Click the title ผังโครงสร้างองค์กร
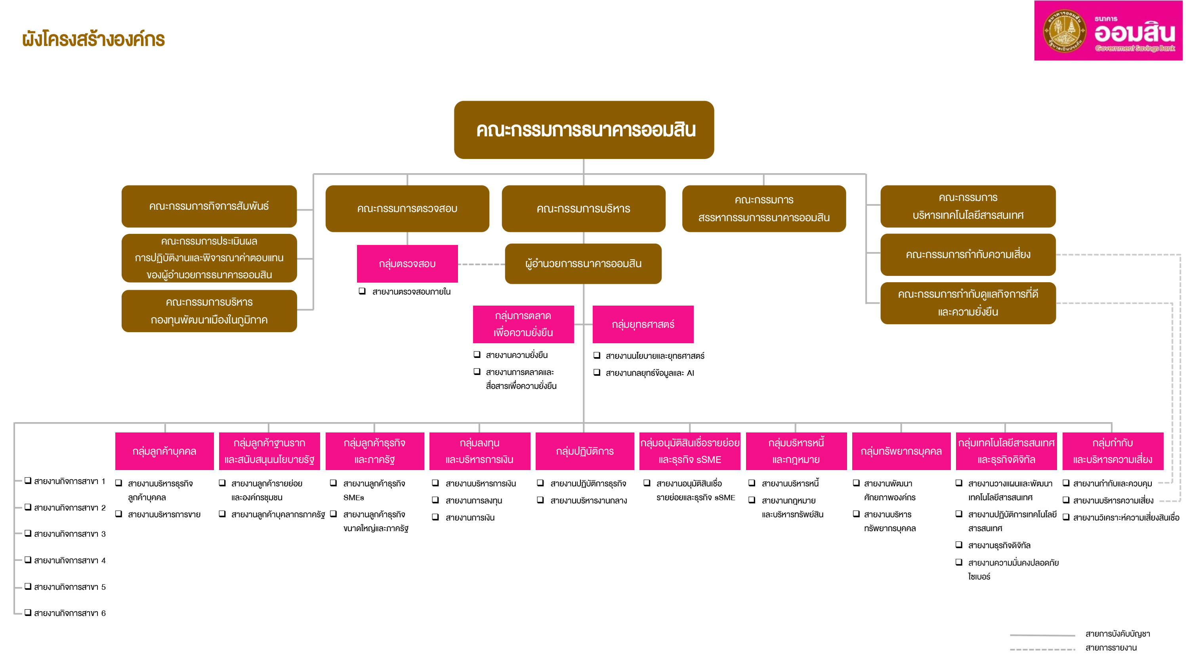(x=94, y=40)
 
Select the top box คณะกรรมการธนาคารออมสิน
(x=584, y=130)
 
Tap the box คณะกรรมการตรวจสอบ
(x=407, y=209)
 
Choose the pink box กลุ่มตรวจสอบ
(x=407, y=264)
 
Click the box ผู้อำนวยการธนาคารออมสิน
(x=583, y=264)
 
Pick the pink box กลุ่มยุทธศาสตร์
(x=643, y=325)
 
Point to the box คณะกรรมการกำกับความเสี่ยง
(x=968, y=254)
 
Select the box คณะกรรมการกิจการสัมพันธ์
(x=209, y=206)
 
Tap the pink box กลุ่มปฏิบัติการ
(x=584, y=451)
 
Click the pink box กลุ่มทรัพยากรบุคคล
(x=901, y=451)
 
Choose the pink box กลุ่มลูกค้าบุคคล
(x=164, y=451)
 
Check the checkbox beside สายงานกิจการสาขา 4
(x=28, y=560)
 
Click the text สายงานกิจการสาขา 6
(x=70, y=613)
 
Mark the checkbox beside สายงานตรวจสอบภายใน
(x=362, y=291)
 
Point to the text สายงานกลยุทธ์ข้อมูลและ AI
(x=649, y=373)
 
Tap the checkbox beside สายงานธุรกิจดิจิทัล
(x=959, y=545)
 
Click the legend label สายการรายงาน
(x=1111, y=648)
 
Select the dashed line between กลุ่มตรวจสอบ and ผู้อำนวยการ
(x=481, y=264)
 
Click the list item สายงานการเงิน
(x=470, y=518)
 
